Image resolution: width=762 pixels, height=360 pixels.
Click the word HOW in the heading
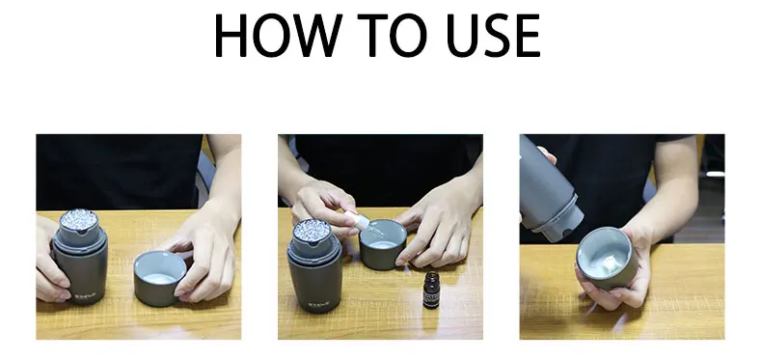278,35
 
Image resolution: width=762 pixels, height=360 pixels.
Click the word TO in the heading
392,35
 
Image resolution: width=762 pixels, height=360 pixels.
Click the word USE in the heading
493,35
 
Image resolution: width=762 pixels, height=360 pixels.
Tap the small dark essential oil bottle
431,290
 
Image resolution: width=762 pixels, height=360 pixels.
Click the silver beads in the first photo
78,219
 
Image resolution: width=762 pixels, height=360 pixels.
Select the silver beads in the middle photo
312,230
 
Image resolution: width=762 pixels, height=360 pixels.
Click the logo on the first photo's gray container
85,294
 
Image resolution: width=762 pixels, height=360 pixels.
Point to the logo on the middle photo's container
319,305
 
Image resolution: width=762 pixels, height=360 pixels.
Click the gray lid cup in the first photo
160,278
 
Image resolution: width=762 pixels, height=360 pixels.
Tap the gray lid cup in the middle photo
383,244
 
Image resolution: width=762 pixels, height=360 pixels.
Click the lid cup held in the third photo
607,258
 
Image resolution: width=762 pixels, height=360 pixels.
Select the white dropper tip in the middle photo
361,222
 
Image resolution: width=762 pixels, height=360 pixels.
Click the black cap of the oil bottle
431,277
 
